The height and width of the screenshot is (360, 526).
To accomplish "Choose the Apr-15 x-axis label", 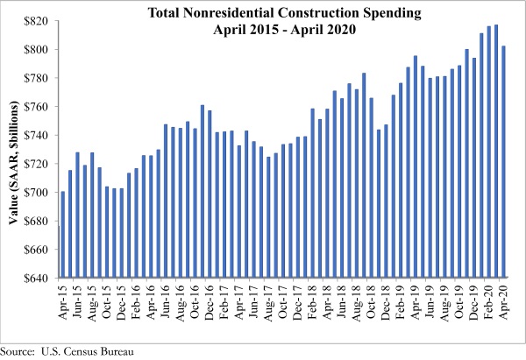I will [x=63, y=302].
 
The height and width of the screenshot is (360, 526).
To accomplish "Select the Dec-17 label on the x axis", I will [x=299, y=302].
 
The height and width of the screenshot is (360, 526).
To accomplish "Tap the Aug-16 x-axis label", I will [x=181, y=302].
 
